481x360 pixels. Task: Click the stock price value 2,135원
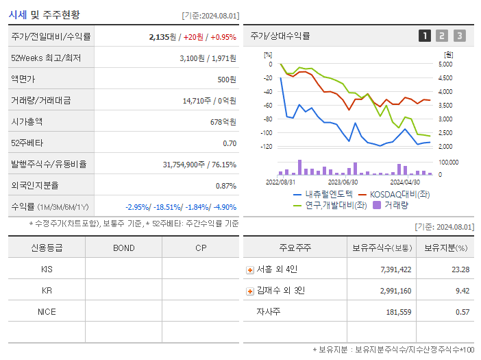(162, 37)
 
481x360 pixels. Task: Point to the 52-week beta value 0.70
(229, 143)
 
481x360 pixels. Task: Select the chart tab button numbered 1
(425, 36)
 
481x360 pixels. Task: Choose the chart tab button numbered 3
(459, 36)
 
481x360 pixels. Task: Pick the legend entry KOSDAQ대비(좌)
(399, 194)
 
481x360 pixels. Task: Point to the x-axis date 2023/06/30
(343, 182)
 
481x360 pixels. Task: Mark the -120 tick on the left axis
(267, 147)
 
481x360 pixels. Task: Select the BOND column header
(123, 248)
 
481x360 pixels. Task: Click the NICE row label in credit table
(47, 311)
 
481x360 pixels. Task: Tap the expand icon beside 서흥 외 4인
(250, 269)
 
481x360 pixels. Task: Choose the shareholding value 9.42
(462, 291)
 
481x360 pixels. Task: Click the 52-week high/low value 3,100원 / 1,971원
(208, 58)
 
